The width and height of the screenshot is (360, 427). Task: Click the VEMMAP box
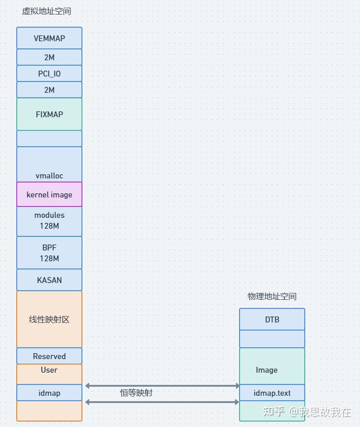point(49,38)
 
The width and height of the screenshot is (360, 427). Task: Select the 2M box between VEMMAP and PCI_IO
point(49,58)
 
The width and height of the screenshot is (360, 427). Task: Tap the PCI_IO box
point(49,74)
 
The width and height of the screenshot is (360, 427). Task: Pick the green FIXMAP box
point(49,115)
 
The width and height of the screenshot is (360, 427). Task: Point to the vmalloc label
point(49,176)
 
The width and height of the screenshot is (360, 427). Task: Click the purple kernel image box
point(49,195)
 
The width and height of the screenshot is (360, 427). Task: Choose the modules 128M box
point(49,221)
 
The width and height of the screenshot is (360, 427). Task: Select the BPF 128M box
point(49,253)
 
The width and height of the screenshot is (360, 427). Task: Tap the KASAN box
point(49,280)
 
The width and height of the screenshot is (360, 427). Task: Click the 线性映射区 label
point(49,320)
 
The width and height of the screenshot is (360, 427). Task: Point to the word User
point(49,370)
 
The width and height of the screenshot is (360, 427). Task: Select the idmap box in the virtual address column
point(49,393)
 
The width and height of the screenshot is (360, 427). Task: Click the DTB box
point(272,320)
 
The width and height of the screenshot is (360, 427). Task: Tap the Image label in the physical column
point(267,370)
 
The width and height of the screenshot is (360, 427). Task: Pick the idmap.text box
point(272,393)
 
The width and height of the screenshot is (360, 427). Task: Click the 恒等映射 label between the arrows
point(136,393)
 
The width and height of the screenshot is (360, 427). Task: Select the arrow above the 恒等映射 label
point(162,386)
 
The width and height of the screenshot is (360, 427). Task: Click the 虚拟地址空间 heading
point(47,11)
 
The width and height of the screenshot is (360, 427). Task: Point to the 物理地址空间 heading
point(272,297)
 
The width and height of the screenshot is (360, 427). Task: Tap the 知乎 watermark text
point(274,412)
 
